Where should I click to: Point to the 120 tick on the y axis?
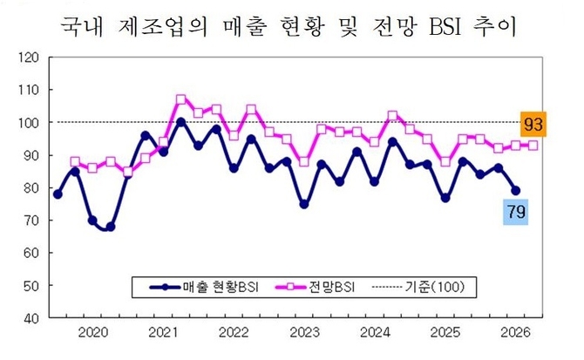(28, 58)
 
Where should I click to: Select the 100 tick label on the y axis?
(28, 123)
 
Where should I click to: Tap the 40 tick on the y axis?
(31, 318)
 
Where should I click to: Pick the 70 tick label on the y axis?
(31, 221)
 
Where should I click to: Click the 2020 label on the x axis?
(92, 332)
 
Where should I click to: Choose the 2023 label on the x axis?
(304, 332)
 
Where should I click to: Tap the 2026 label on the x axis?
(515, 332)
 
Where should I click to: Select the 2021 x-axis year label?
(163, 332)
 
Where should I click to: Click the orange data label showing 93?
(534, 126)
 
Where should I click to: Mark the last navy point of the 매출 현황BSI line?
(514, 191)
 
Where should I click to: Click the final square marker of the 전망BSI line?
(533, 146)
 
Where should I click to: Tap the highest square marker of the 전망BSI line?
(180, 99)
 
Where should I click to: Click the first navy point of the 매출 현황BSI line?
(58, 194)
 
